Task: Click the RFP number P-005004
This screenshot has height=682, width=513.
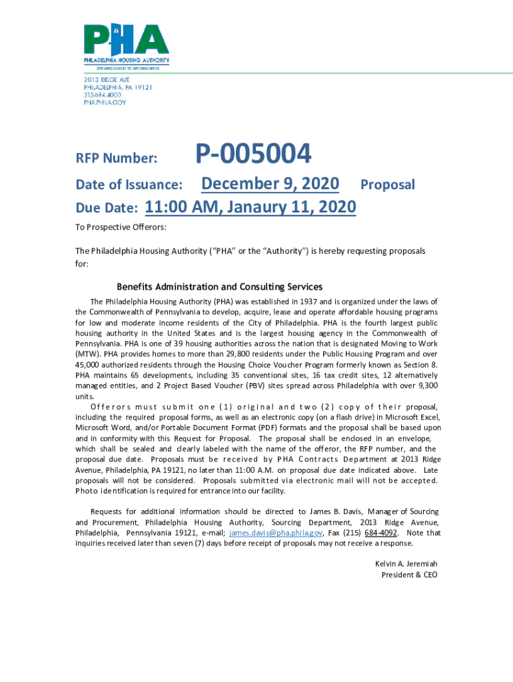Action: click(x=253, y=155)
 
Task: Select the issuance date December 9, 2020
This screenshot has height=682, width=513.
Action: click(x=270, y=184)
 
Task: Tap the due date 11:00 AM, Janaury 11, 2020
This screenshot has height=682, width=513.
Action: click(x=250, y=208)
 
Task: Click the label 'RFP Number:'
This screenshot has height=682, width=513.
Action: click(x=117, y=159)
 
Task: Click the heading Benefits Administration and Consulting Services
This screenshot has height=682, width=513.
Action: click(x=219, y=286)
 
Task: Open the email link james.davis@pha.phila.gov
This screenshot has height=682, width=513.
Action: click(x=276, y=533)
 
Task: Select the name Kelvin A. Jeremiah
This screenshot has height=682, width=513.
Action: click(x=406, y=563)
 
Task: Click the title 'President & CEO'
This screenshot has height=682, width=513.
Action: click(x=409, y=574)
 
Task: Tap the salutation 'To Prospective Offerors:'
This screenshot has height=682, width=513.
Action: click(x=121, y=227)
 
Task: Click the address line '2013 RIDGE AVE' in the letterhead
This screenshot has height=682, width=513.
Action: click(x=106, y=80)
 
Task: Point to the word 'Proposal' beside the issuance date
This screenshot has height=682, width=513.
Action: click(x=387, y=184)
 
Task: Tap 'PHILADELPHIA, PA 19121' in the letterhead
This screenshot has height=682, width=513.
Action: click(x=118, y=87)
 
